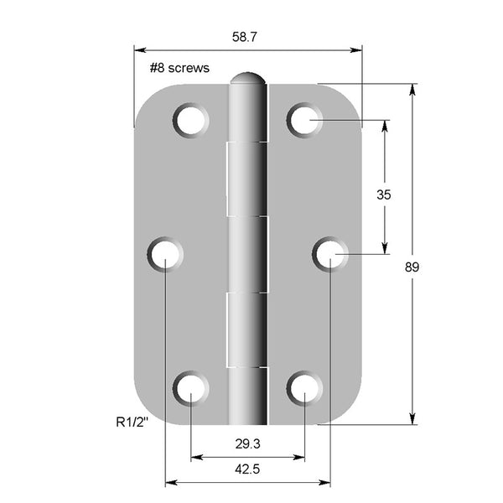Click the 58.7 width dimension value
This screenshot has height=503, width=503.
(x=245, y=37)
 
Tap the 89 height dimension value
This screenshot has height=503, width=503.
(x=412, y=267)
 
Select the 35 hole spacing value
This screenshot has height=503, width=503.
(x=384, y=194)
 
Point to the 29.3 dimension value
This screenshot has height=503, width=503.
(x=247, y=444)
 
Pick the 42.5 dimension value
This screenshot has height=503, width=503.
(x=247, y=469)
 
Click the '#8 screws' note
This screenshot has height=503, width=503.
(x=179, y=68)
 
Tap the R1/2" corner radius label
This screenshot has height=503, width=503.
(x=132, y=423)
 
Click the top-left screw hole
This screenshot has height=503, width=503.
(x=190, y=120)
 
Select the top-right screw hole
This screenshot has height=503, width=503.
(x=304, y=120)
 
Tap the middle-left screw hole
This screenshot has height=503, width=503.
(x=165, y=254)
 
